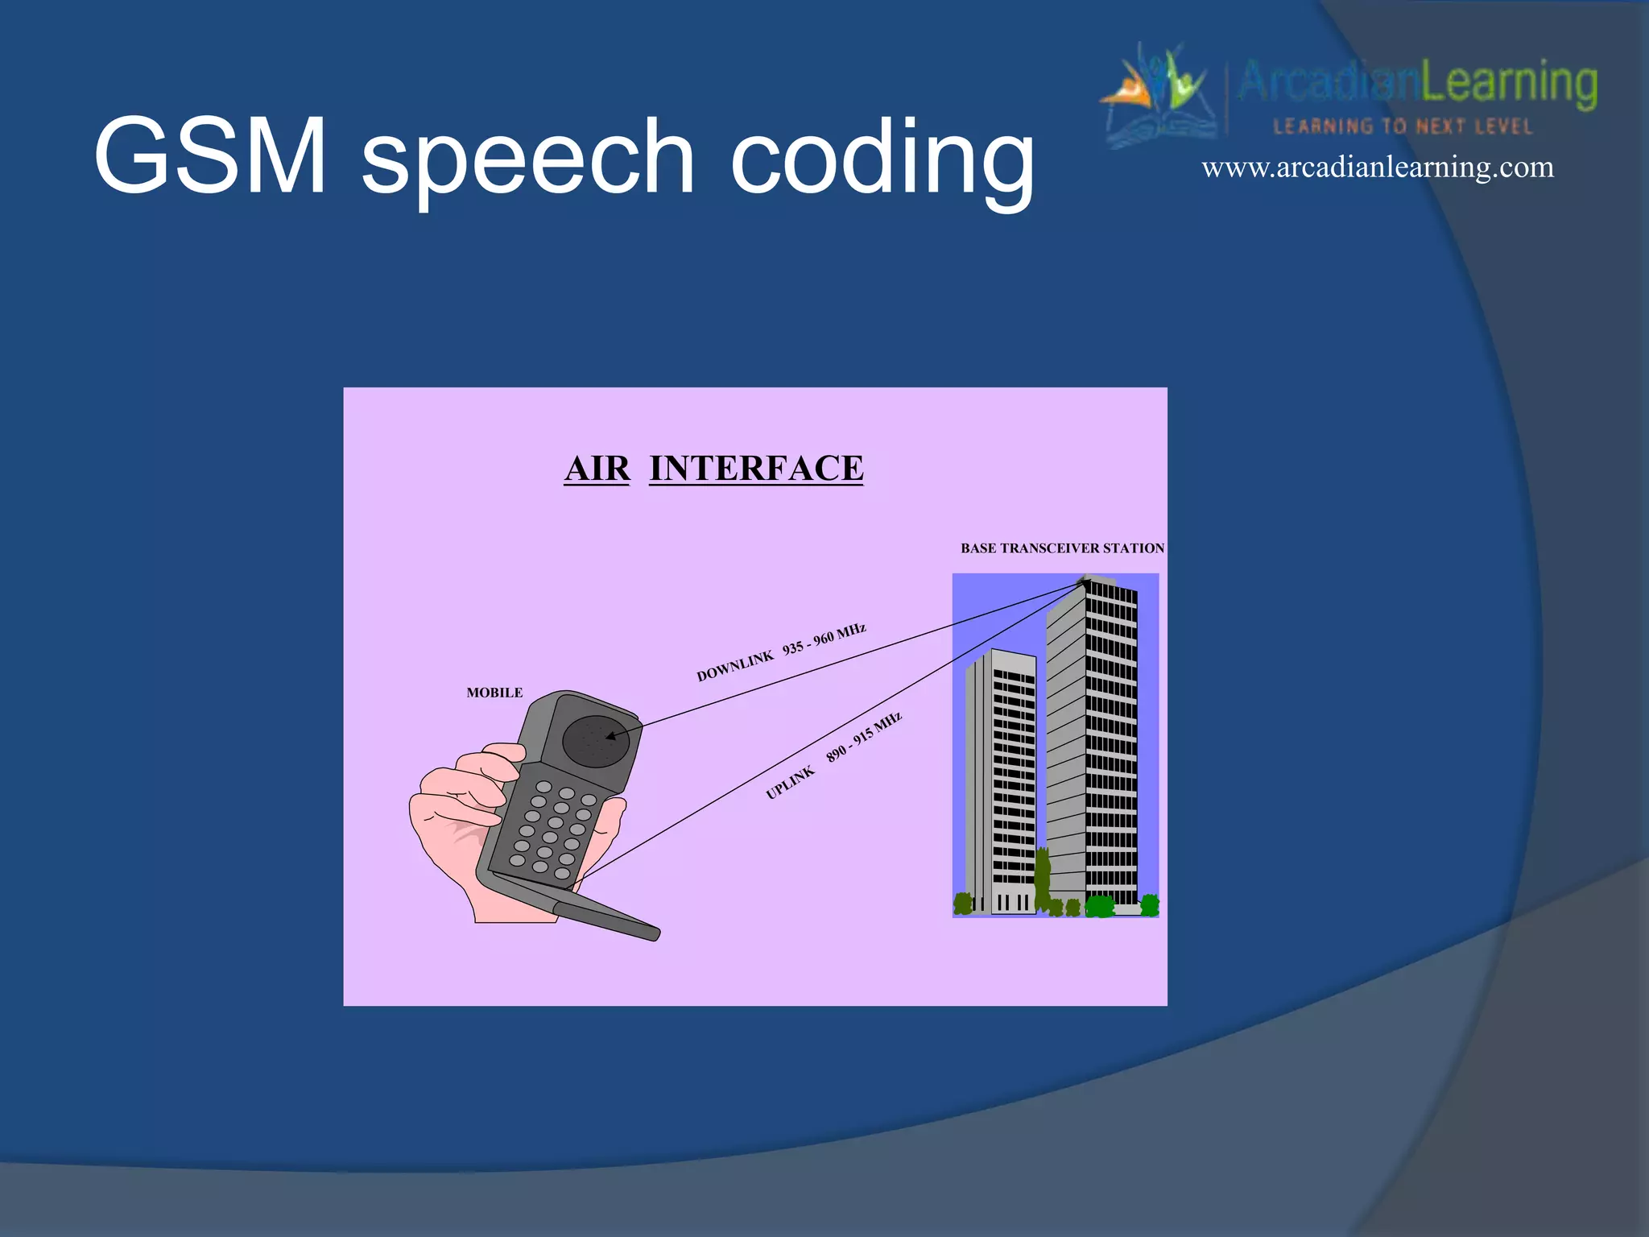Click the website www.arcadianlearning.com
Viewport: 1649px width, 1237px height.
(1377, 168)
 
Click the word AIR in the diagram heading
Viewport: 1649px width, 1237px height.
(597, 469)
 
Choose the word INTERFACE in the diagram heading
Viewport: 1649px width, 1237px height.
(756, 469)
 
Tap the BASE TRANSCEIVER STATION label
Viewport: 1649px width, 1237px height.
(1062, 548)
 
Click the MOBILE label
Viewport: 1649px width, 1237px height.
(494, 693)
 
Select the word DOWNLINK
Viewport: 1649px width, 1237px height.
(734, 668)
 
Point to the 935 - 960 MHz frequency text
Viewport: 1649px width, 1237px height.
(824, 639)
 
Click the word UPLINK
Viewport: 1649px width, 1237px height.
(790, 783)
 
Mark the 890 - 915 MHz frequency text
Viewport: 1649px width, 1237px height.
(863, 737)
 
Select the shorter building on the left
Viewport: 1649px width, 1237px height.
(1001, 781)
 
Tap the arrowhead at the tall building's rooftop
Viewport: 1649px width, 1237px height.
(1084, 581)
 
